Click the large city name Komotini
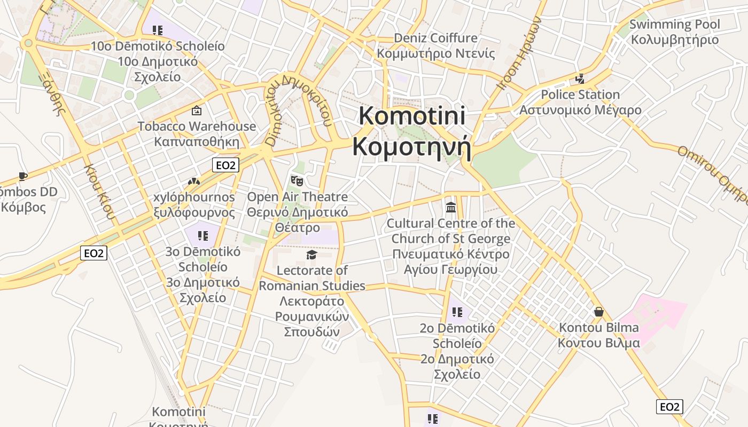click(412, 116)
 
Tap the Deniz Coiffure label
click(435, 38)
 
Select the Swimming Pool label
click(674, 25)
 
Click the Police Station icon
click(580, 79)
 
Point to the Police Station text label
click(580, 95)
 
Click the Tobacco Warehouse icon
click(197, 111)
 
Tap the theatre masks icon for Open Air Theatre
click(297, 181)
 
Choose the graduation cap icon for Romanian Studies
click(311, 255)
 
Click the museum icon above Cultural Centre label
click(450, 207)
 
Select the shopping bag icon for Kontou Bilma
click(598, 312)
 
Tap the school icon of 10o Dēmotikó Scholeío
click(157, 30)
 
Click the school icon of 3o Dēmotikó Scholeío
click(202, 235)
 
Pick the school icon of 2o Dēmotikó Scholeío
click(457, 312)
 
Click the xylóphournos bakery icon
click(193, 182)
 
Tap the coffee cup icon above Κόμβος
click(22, 176)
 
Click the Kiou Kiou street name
click(99, 191)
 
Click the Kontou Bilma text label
click(598, 327)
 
